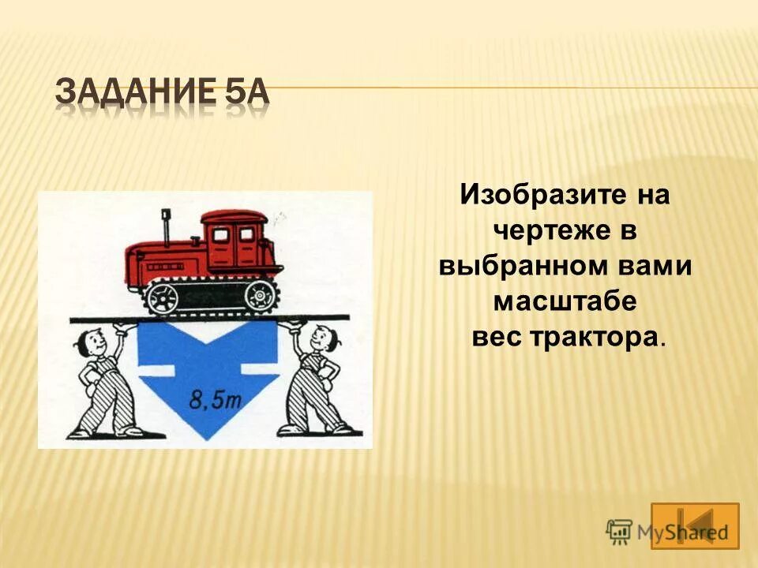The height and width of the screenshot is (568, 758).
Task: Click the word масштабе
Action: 565,301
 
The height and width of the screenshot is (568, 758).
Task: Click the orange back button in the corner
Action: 695,525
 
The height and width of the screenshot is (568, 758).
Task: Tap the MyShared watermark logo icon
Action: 619,530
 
